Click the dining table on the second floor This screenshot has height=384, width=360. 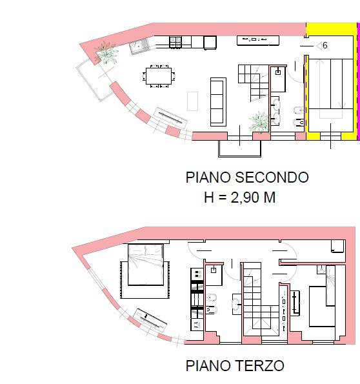coord(159,76)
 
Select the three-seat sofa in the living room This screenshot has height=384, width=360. coord(218,102)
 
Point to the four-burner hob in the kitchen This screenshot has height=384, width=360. coord(175,41)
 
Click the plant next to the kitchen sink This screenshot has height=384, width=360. coord(106,53)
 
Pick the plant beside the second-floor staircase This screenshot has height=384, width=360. coord(259,123)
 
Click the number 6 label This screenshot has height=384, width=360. coord(325,45)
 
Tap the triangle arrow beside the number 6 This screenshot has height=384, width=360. coord(319,46)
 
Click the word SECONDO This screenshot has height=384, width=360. coord(272,177)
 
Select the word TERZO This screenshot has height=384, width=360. coord(260,366)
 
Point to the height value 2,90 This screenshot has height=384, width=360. coord(245,197)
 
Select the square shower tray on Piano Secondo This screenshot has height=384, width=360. coord(277,79)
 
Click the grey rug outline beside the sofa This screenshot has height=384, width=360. coord(192,101)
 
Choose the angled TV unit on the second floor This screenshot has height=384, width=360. coord(171,117)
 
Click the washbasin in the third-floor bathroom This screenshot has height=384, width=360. coord(236,304)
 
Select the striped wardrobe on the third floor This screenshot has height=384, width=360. coord(197,299)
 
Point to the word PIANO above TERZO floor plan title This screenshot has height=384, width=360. coord(208,366)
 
